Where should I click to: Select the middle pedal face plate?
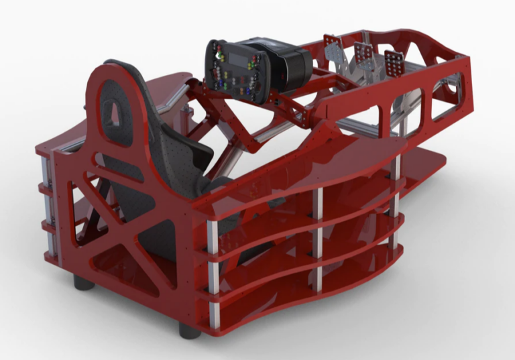365,54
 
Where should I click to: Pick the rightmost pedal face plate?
394,63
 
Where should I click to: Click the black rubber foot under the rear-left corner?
84,282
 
